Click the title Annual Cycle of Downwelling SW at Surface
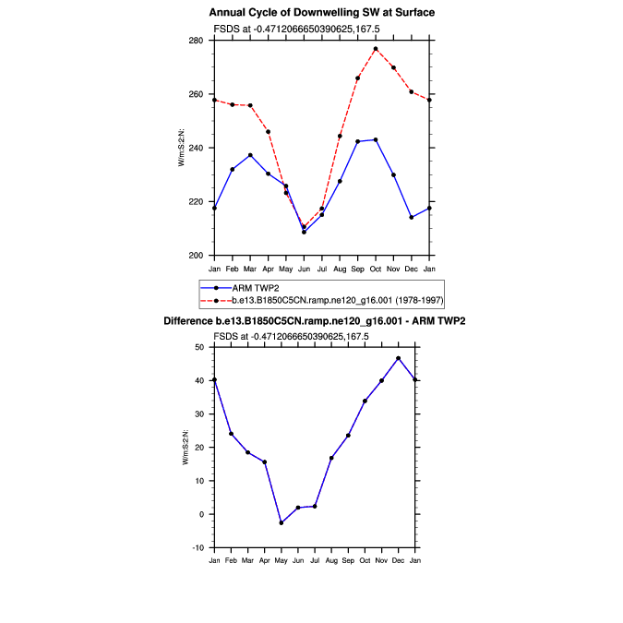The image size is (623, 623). pos(321,13)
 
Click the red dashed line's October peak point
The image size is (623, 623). pos(376,49)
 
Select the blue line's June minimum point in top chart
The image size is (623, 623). pos(304,232)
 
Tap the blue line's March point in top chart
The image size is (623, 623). pos(250,155)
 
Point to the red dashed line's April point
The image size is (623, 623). pos(268,132)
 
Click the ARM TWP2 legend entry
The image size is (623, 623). pos(257,288)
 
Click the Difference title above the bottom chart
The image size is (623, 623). pos(314,320)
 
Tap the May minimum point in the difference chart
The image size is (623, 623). pos(281,523)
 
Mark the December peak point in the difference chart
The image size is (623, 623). pos(399,358)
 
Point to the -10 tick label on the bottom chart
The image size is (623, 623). pos(198,548)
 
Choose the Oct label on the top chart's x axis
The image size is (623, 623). pos(376,268)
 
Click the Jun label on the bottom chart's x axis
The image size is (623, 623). pos(297,560)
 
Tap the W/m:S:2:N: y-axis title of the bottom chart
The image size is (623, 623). pos(186,448)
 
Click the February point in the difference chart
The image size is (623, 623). pos(231,434)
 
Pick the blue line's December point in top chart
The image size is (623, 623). pos(412,218)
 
